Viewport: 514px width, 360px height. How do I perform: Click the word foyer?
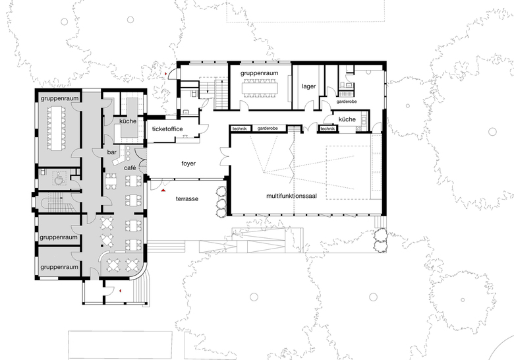[x=188, y=164]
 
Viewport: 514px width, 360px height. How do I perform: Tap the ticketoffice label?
[x=167, y=129]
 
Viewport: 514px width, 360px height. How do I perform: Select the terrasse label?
[x=187, y=198]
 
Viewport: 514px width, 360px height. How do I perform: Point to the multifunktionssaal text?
[x=291, y=196]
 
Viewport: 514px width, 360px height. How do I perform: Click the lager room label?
[x=308, y=86]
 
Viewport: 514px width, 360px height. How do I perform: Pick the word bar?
[x=112, y=152]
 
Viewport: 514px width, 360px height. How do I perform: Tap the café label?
[x=130, y=168]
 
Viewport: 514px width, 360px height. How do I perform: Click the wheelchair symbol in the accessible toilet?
[x=59, y=179]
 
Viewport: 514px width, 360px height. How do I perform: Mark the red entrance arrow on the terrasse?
[x=163, y=190]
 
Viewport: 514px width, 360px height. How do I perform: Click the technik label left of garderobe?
[x=239, y=129]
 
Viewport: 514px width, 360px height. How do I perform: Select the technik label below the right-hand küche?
[x=328, y=129]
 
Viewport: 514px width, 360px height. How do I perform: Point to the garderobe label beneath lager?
[x=347, y=102]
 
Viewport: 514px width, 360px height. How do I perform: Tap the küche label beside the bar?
[x=128, y=121]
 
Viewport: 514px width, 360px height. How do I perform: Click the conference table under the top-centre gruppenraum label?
[x=260, y=88]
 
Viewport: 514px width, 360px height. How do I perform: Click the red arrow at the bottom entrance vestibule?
[x=121, y=291]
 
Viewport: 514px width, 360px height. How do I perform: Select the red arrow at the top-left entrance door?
[x=166, y=74]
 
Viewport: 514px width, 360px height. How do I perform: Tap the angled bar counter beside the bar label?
[x=119, y=158]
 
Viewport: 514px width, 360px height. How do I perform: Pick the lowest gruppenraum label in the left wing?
[x=59, y=267]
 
